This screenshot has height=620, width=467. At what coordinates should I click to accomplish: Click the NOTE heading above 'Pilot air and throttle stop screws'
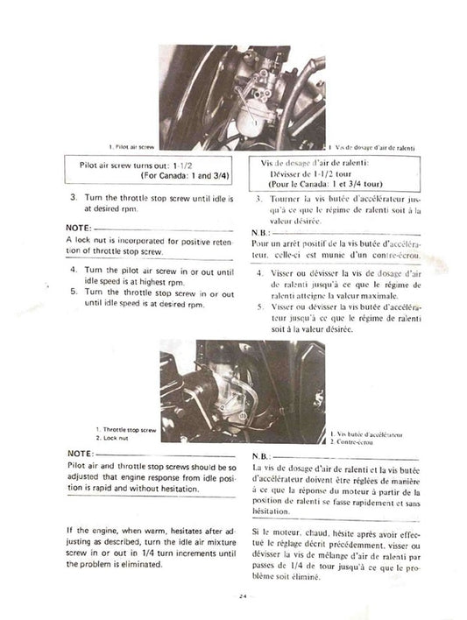coord(80,452)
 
